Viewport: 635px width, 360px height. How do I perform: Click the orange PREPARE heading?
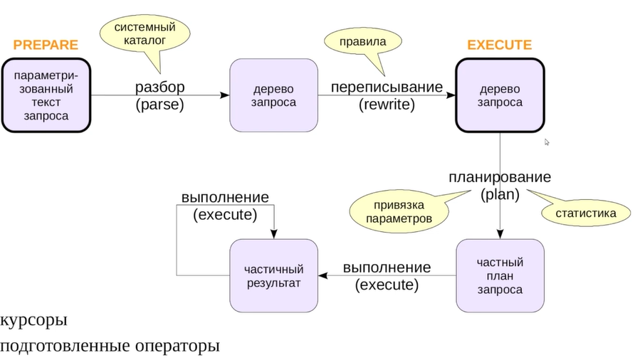pyautogui.click(x=46, y=45)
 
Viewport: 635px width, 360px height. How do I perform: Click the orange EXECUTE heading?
pyautogui.click(x=499, y=45)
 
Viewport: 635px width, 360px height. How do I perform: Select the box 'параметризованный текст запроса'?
pyautogui.click(x=46, y=95)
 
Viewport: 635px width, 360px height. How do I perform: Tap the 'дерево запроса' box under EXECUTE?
pyautogui.click(x=500, y=95)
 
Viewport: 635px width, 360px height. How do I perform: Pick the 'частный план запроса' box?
pyautogui.click(x=500, y=275)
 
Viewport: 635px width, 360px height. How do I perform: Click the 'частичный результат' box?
pyautogui.click(x=273, y=275)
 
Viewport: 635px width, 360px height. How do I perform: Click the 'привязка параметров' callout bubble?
pyautogui.click(x=399, y=211)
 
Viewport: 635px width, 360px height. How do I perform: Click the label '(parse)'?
pyautogui.click(x=159, y=105)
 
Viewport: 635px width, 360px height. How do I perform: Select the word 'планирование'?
pyautogui.click(x=499, y=177)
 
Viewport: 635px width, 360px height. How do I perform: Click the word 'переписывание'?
pyautogui.click(x=387, y=88)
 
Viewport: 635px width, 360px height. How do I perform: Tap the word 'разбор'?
pyautogui.click(x=159, y=88)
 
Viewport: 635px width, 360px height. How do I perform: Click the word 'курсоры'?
pyautogui.click(x=34, y=321)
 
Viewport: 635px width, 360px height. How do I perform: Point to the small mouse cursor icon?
pyautogui.click(x=547, y=142)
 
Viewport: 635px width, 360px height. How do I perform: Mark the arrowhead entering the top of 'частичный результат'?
pyautogui.click(x=274, y=235)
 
